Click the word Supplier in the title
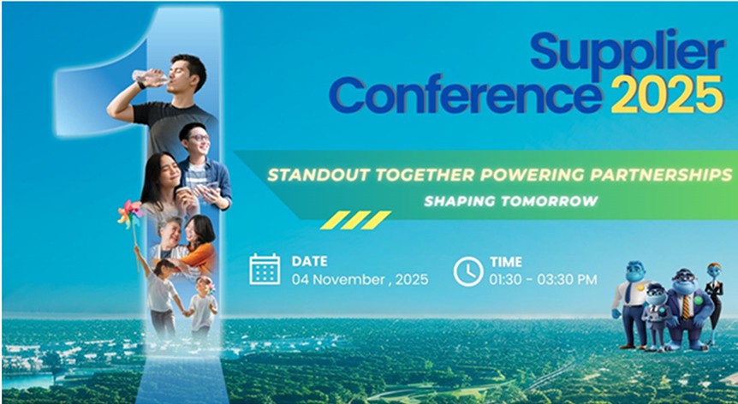[627, 54]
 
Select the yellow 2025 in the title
[667, 94]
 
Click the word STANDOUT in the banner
[318, 175]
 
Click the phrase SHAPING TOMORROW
[510, 201]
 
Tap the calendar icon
[265, 270]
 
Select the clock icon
[467, 271]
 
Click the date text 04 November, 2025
[360, 279]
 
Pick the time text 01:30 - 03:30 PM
[543, 279]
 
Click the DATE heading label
[309, 261]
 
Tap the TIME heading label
[505, 262]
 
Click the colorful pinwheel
[130, 214]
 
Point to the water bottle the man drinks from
[149, 77]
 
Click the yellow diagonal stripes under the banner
[355, 220]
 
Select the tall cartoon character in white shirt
[630, 304]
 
